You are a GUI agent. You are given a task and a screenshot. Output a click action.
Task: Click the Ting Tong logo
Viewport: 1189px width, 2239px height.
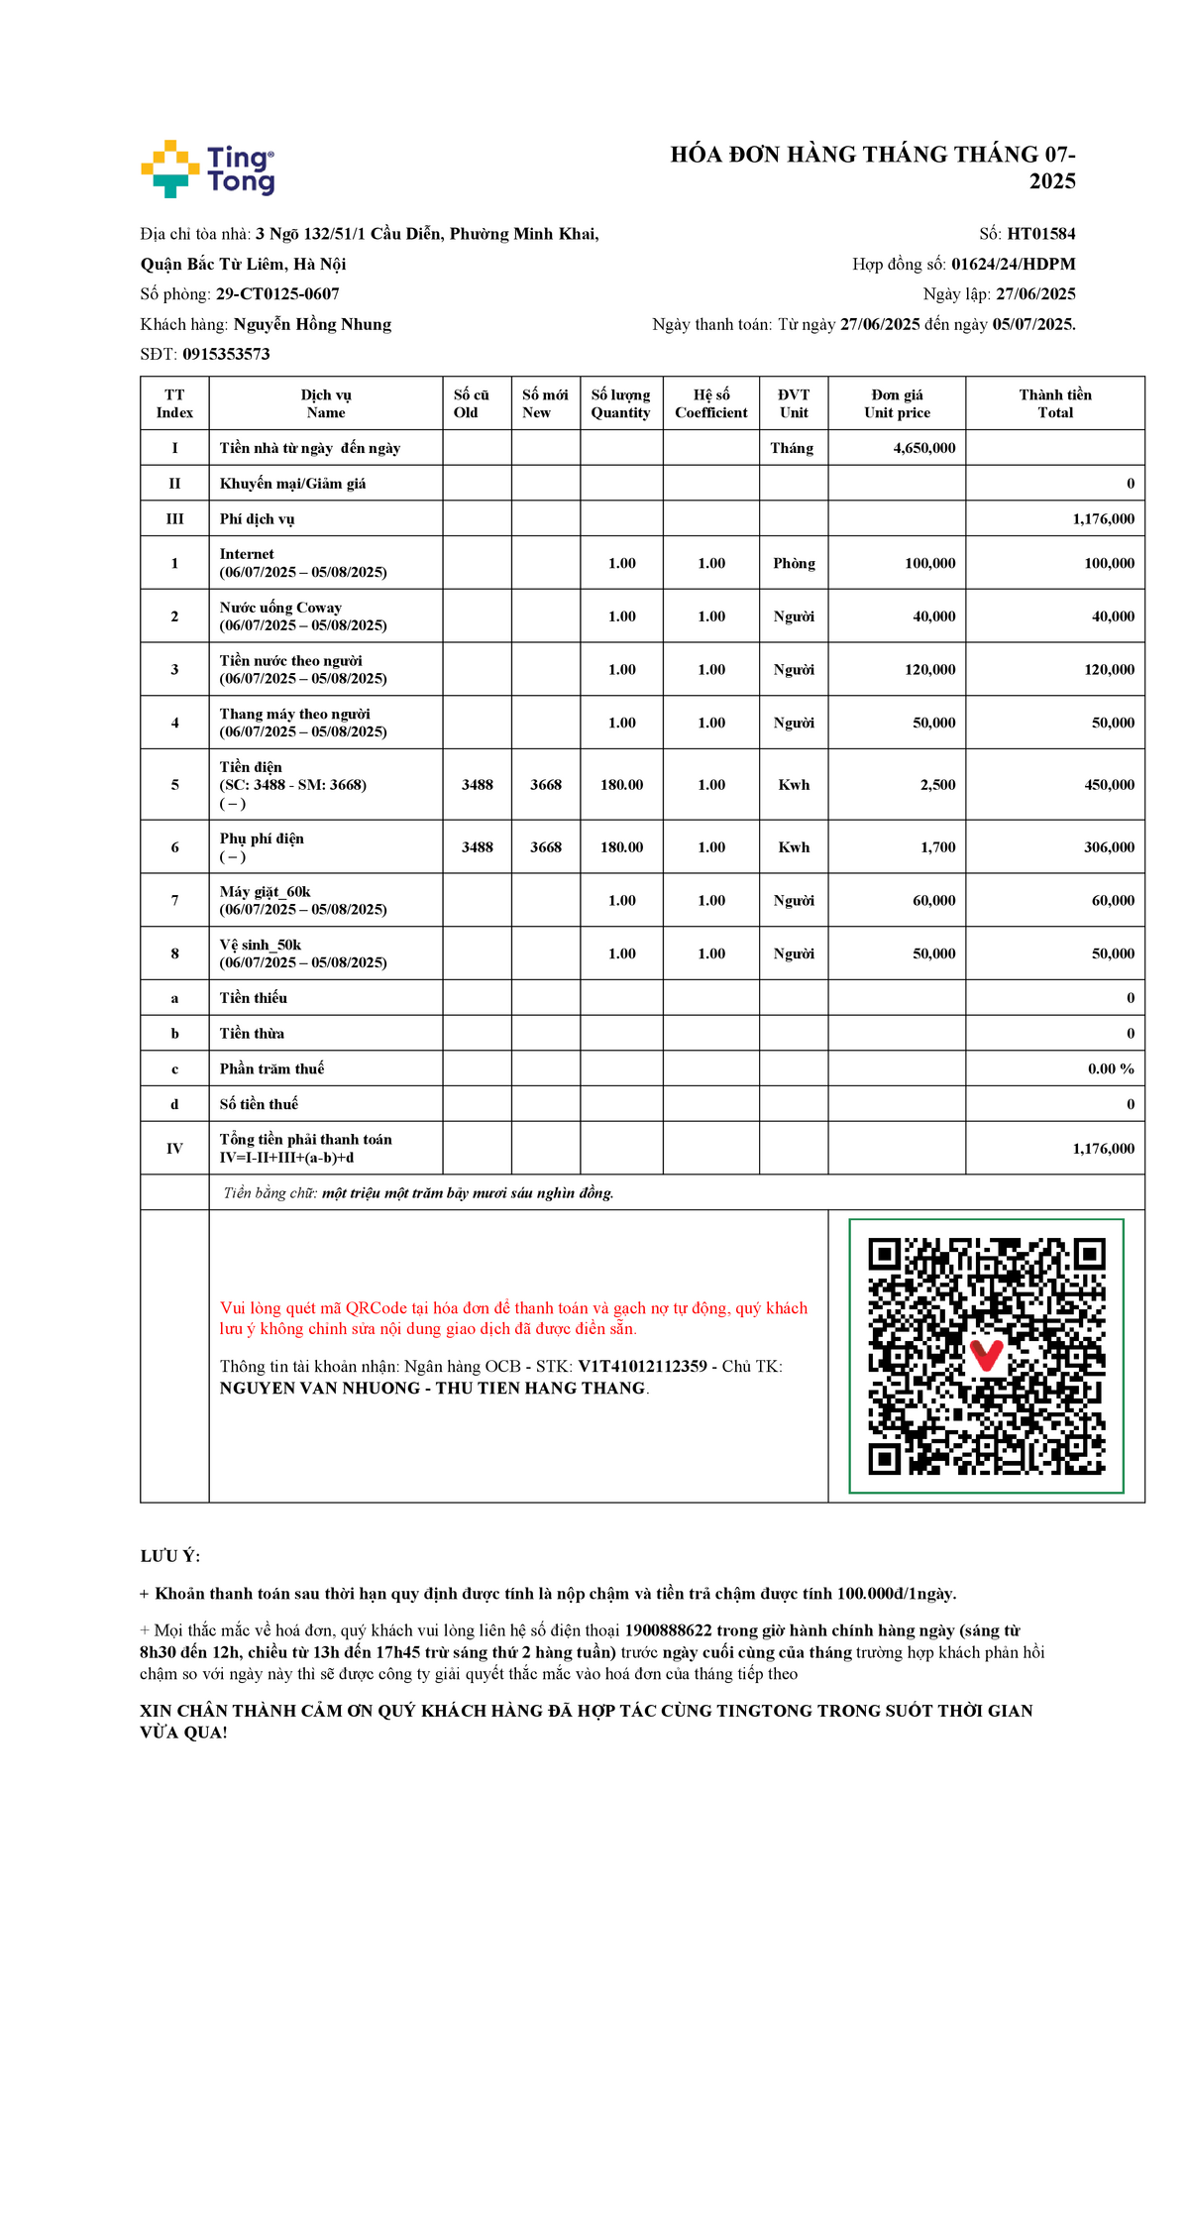pyautogui.click(x=208, y=168)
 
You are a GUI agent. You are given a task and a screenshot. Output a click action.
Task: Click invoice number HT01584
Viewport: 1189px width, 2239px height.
pyautogui.click(x=1040, y=234)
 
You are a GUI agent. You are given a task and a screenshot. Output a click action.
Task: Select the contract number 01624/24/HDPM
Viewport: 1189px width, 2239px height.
pyautogui.click(x=1013, y=265)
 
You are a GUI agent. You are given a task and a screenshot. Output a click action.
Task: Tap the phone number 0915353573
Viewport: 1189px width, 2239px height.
pyautogui.click(x=226, y=355)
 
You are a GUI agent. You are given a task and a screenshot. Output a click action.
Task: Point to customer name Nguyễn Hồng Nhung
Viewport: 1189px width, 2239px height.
pyautogui.click(x=312, y=324)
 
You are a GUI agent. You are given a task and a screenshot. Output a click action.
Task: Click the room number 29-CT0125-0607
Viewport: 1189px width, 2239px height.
pyautogui.click(x=277, y=294)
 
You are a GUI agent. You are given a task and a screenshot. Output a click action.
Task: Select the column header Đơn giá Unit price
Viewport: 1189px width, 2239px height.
pyautogui.click(x=897, y=403)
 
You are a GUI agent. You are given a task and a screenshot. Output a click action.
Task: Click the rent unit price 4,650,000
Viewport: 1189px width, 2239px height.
pyautogui.click(x=923, y=448)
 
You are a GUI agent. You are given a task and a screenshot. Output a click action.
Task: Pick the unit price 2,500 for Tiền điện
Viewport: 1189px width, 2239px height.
pyautogui.click(x=937, y=785)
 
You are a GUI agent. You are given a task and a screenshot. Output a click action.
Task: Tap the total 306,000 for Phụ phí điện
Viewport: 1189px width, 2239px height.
pyautogui.click(x=1109, y=847)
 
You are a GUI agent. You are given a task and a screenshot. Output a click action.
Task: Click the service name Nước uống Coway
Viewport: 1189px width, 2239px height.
pyautogui.click(x=280, y=608)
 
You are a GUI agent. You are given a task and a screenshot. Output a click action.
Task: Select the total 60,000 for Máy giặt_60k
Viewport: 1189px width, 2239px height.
pyautogui.click(x=1113, y=901)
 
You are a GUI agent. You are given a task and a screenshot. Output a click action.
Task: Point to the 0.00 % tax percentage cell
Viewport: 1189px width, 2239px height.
pyautogui.click(x=1110, y=1068)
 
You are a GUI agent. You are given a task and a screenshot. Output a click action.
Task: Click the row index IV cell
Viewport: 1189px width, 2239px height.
pyautogui.click(x=174, y=1149)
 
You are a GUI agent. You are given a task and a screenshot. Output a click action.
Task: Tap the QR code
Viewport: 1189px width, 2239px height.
pyautogui.click(x=986, y=1356)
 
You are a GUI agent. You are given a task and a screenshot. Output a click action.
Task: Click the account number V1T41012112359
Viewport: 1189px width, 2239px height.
pyautogui.click(x=642, y=1367)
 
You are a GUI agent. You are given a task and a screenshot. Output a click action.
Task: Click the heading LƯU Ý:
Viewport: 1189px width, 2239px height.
pyautogui.click(x=170, y=1556)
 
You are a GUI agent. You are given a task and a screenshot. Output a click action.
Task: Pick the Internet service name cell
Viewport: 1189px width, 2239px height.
pyautogui.click(x=247, y=554)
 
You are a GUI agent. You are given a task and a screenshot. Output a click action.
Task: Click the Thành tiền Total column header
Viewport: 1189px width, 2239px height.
pyautogui.click(x=1055, y=403)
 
